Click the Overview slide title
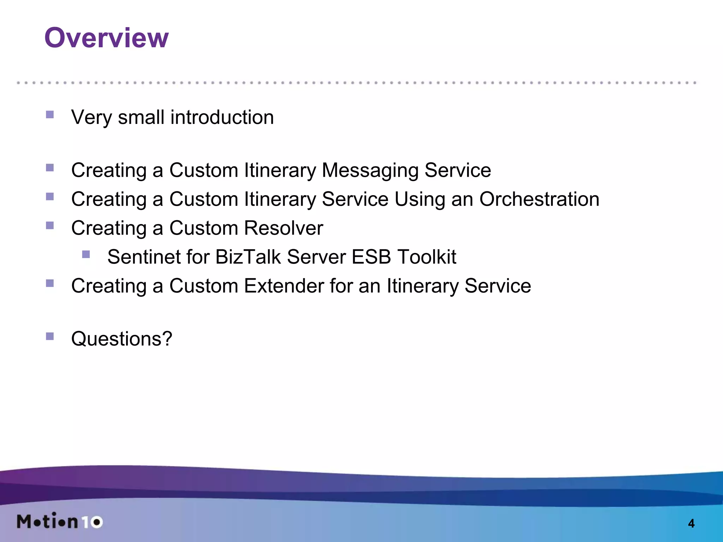[106, 38]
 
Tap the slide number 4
[691, 523]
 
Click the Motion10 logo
[60, 521]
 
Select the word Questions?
[121, 339]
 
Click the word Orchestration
[539, 199]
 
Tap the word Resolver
[283, 228]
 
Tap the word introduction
[222, 117]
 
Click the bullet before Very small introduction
[50, 115]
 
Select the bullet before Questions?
[50, 336]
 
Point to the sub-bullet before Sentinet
[86, 254]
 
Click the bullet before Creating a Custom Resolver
[50, 225]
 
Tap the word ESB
[371, 257]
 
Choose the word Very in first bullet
[91, 117]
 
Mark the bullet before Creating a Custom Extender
[50, 283]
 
